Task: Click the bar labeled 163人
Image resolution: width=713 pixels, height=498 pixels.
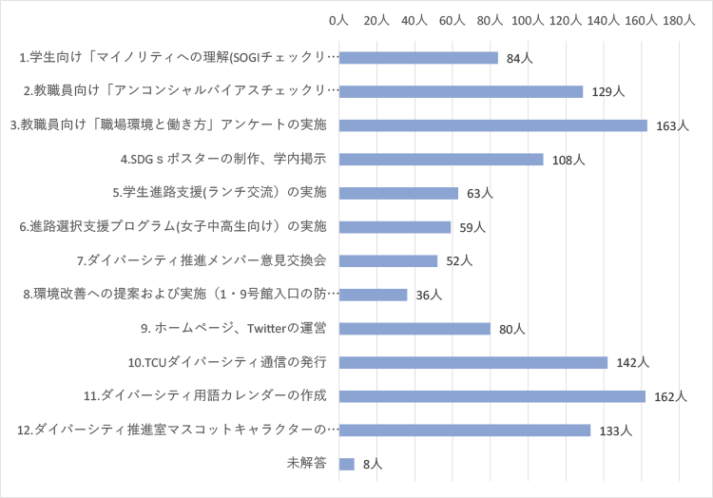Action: pyautogui.click(x=492, y=125)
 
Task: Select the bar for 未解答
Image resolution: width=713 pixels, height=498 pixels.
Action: pyautogui.click(x=346, y=464)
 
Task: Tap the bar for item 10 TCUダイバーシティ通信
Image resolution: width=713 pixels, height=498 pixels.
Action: pyautogui.click(x=472, y=362)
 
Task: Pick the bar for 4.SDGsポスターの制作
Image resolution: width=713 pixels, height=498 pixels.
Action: pyautogui.click(x=440, y=160)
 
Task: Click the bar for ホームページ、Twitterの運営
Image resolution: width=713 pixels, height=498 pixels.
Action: pyautogui.click(x=414, y=329)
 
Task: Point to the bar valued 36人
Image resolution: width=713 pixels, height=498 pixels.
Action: pyautogui.click(x=373, y=295)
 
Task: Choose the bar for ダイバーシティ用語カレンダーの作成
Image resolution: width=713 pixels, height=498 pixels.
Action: pyautogui.click(x=491, y=396)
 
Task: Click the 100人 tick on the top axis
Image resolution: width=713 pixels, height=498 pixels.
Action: pyautogui.click(x=528, y=20)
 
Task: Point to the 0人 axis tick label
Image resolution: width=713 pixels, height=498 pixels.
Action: pyautogui.click(x=338, y=20)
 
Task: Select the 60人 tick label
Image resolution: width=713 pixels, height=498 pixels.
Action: pyautogui.click(x=452, y=20)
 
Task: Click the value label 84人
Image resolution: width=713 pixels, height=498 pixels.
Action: pyautogui.click(x=519, y=59)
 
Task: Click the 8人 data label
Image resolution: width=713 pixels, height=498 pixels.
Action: pyautogui.click(x=372, y=465)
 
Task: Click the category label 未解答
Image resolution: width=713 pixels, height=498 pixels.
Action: pyautogui.click(x=307, y=464)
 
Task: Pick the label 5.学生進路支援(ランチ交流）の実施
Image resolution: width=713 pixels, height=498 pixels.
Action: pyautogui.click(x=219, y=193)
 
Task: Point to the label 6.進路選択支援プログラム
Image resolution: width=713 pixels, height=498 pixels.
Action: pyautogui.click(x=173, y=227)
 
